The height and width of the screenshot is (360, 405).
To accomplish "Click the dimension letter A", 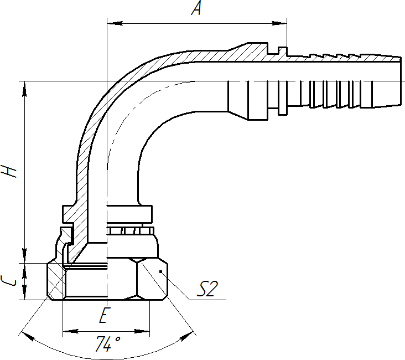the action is click(197, 8).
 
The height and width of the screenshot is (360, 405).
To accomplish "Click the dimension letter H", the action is click(8, 171).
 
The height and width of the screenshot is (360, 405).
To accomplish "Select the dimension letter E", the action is click(104, 315).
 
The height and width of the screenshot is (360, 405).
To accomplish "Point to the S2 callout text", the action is click(207, 289).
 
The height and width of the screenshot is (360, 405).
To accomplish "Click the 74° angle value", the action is click(107, 344).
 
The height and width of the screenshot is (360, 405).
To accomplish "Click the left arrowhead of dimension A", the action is click(115, 23).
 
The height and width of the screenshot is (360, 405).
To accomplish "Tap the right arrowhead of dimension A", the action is click(279, 23).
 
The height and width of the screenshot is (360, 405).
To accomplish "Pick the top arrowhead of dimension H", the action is click(24, 89).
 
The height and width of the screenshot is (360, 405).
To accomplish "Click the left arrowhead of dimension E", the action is click(71, 331).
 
